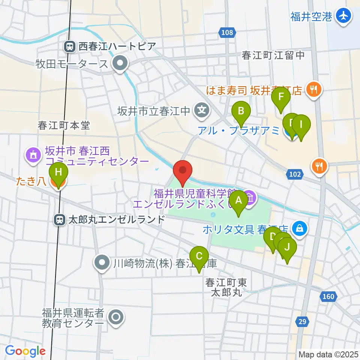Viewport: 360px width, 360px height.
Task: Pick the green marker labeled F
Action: (x=281, y=99)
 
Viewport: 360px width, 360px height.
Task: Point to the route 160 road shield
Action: (x=328, y=297)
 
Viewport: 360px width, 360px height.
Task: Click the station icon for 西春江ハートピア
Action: (x=69, y=46)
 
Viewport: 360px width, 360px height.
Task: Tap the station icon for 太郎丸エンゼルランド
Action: (x=59, y=220)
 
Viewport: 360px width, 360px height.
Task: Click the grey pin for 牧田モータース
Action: (x=120, y=64)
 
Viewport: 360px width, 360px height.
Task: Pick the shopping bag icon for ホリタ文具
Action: (x=300, y=228)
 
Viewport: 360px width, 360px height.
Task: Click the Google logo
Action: (x=25, y=351)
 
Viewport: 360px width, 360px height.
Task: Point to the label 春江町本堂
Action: (x=64, y=125)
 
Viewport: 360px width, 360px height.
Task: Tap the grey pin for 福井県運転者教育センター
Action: (x=115, y=318)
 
